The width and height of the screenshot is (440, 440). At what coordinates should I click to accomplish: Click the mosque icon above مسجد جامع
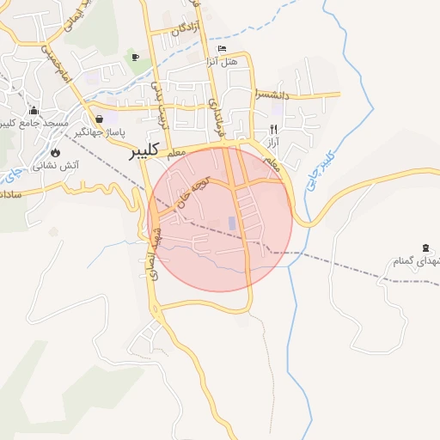point(34,110)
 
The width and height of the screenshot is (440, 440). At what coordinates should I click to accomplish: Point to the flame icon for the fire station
point(55,150)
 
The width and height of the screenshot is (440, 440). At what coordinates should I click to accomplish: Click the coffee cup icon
point(134,57)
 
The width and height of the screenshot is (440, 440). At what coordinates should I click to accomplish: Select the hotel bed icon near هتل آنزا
point(223,49)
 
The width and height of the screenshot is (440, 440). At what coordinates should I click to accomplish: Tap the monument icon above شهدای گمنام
point(425,247)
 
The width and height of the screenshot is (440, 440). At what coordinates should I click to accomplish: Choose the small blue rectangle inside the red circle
point(232,223)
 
